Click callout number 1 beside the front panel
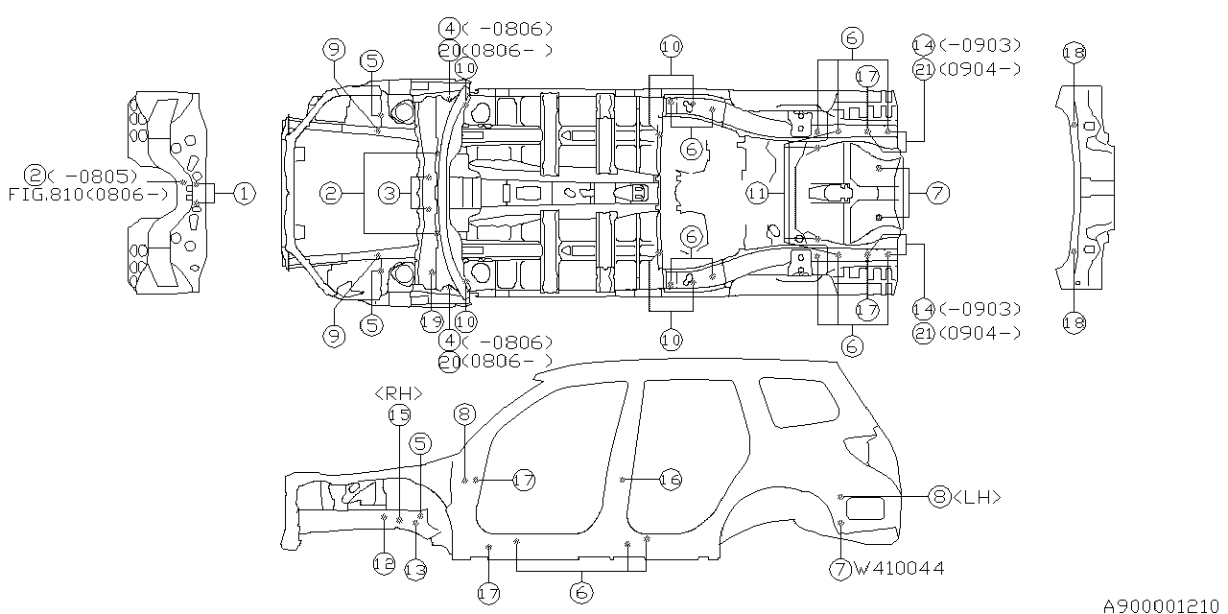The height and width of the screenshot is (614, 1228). point(244,194)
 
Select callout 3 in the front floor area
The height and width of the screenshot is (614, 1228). point(388,194)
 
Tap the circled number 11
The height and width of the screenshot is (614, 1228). point(759,194)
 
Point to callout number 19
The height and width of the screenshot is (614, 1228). point(431,321)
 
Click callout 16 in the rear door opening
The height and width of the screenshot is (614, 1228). point(670,480)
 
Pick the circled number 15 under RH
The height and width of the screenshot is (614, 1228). point(399,414)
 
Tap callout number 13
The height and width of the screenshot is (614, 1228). point(415,569)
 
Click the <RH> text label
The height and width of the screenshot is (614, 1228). point(398,393)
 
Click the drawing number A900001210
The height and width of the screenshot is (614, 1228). point(1161,605)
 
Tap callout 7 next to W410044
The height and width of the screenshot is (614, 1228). point(840,568)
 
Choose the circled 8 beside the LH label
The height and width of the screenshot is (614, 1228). point(939,497)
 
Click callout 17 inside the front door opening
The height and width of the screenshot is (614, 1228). point(523,480)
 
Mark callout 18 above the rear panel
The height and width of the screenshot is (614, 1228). point(1074,54)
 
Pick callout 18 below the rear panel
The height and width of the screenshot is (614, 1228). point(1074,323)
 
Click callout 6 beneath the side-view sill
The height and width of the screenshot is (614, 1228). point(580,592)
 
